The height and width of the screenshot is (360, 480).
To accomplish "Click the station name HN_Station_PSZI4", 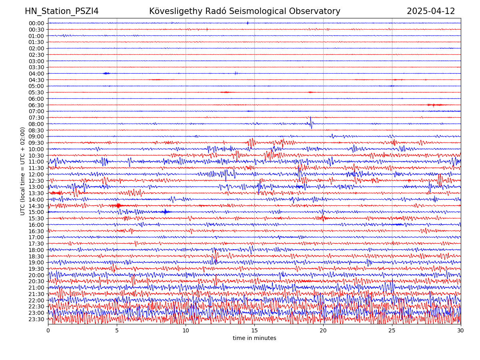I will coord(62,11).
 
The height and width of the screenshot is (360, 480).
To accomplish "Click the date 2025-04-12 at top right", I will coord(431,11).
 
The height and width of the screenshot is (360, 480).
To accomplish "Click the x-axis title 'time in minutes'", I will coord(254,338).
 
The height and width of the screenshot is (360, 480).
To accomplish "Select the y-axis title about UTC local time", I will coord(23,171).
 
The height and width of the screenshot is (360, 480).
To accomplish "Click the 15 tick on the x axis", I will coord(254,331).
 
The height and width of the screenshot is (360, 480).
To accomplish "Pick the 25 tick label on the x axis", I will coord(392,331).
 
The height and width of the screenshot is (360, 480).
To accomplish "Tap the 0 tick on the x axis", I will coord(48,331).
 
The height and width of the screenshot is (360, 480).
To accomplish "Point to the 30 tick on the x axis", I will coord(461,331).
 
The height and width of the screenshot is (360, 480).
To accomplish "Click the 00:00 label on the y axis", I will coord(36,23).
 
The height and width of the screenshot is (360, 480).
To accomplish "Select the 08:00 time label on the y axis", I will coord(36,124).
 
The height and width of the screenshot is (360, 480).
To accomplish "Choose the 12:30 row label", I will coord(36,181).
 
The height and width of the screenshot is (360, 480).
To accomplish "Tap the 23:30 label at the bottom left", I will coord(36,319).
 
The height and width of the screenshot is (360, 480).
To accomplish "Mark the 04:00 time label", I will coord(36,74).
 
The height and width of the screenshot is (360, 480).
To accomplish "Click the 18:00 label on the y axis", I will coord(36,250).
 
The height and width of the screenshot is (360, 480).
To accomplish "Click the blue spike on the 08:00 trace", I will coord(311,122).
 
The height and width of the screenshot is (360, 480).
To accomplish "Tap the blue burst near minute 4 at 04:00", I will coord(106,73).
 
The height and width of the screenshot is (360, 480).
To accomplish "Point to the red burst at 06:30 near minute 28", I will coord(435,105).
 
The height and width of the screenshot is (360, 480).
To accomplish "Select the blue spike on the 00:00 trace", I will coord(248,23).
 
